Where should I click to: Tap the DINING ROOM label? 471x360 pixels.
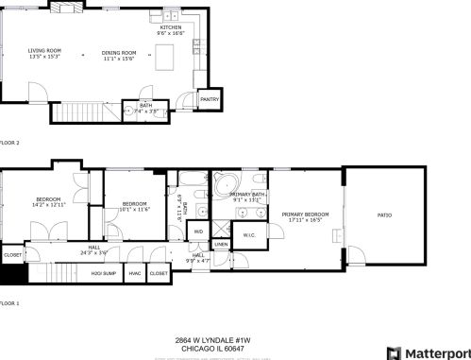pyautogui.click(x=119, y=53)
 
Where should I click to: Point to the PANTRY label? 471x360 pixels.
pyautogui.click(x=210, y=98)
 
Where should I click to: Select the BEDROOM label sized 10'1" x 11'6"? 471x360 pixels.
pyautogui.click(x=135, y=205)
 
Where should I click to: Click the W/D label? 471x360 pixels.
pyautogui.click(x=199, y=231)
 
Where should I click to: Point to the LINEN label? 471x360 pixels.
pyautogui.click(x=221, y=244)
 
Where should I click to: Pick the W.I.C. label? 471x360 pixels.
pyautogui.click(x=249, y=235)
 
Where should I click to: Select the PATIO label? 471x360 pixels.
pyautogui.click(x=384, y=215)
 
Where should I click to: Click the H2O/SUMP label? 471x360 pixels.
pyautogui.click(x=103, y=273)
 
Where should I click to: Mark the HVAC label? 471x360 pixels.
pyautogui.click(x=135, y=273)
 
